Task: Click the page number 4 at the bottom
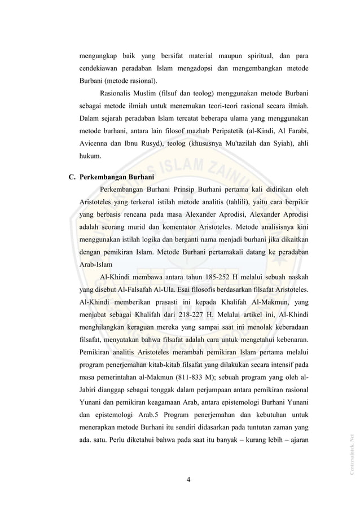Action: click(x=189, y=480)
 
